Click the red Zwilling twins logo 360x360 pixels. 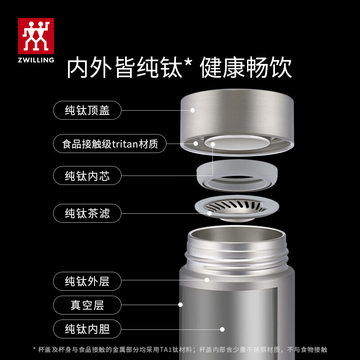tap(36, 36)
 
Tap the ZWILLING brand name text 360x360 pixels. tap(36, 59)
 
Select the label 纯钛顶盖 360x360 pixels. tap(87, 110)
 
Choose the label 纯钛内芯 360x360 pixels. tap(87, 176)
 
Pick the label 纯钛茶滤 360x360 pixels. tap(87, 213)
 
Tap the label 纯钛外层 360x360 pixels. tap(87, 282)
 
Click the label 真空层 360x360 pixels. tap(87, 305)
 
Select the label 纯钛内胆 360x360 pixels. tap(87, 329)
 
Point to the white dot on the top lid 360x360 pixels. tap(192, 110)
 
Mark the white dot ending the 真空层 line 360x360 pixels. tap(180, 305)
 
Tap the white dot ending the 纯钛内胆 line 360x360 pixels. tap(222, 329)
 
